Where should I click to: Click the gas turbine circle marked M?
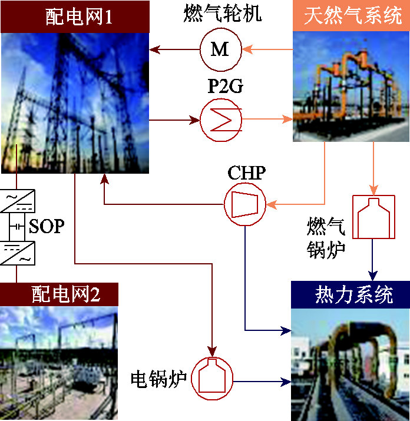click(220, 49)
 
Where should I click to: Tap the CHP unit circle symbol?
click(244, 204)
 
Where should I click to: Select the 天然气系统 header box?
click(351, 16)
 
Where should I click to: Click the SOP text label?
click(47, 226)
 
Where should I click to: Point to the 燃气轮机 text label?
click(220, 14)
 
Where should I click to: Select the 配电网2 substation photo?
click(59, 363)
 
